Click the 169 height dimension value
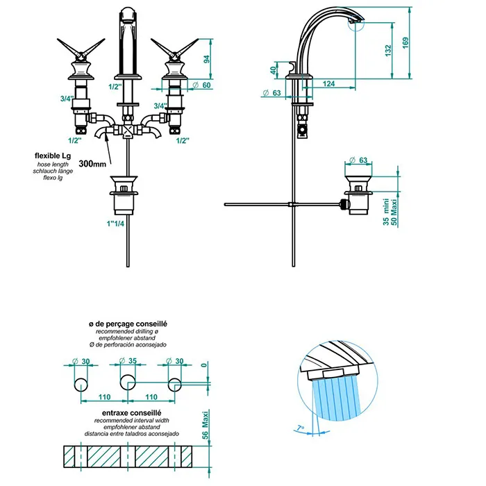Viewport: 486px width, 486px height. [405, 43]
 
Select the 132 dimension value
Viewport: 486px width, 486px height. [387, 51]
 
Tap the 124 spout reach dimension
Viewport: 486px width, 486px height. [328, 84]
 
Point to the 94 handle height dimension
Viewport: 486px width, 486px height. [206, 59]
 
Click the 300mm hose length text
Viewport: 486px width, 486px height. [92, 164]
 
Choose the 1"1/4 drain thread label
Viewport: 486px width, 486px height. [115, 224]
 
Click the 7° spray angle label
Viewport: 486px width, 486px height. [300, 428]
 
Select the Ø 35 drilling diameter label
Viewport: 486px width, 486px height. [128, 361]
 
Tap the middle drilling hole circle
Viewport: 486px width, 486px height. [128, 382]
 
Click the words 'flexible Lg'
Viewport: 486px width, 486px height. [53, 156]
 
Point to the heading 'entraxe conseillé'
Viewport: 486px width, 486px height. [131, 413]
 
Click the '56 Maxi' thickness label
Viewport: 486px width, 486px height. [206, 425]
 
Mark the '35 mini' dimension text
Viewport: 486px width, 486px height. [386, 212]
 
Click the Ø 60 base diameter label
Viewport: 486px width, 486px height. [201, 85]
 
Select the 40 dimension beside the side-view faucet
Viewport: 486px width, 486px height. [273, 70]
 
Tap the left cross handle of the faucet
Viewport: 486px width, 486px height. [81, 49]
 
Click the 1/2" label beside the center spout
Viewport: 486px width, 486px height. [115, 87]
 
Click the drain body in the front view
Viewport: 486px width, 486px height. [124, 195]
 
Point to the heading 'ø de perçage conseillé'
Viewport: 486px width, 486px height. [128, 324]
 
